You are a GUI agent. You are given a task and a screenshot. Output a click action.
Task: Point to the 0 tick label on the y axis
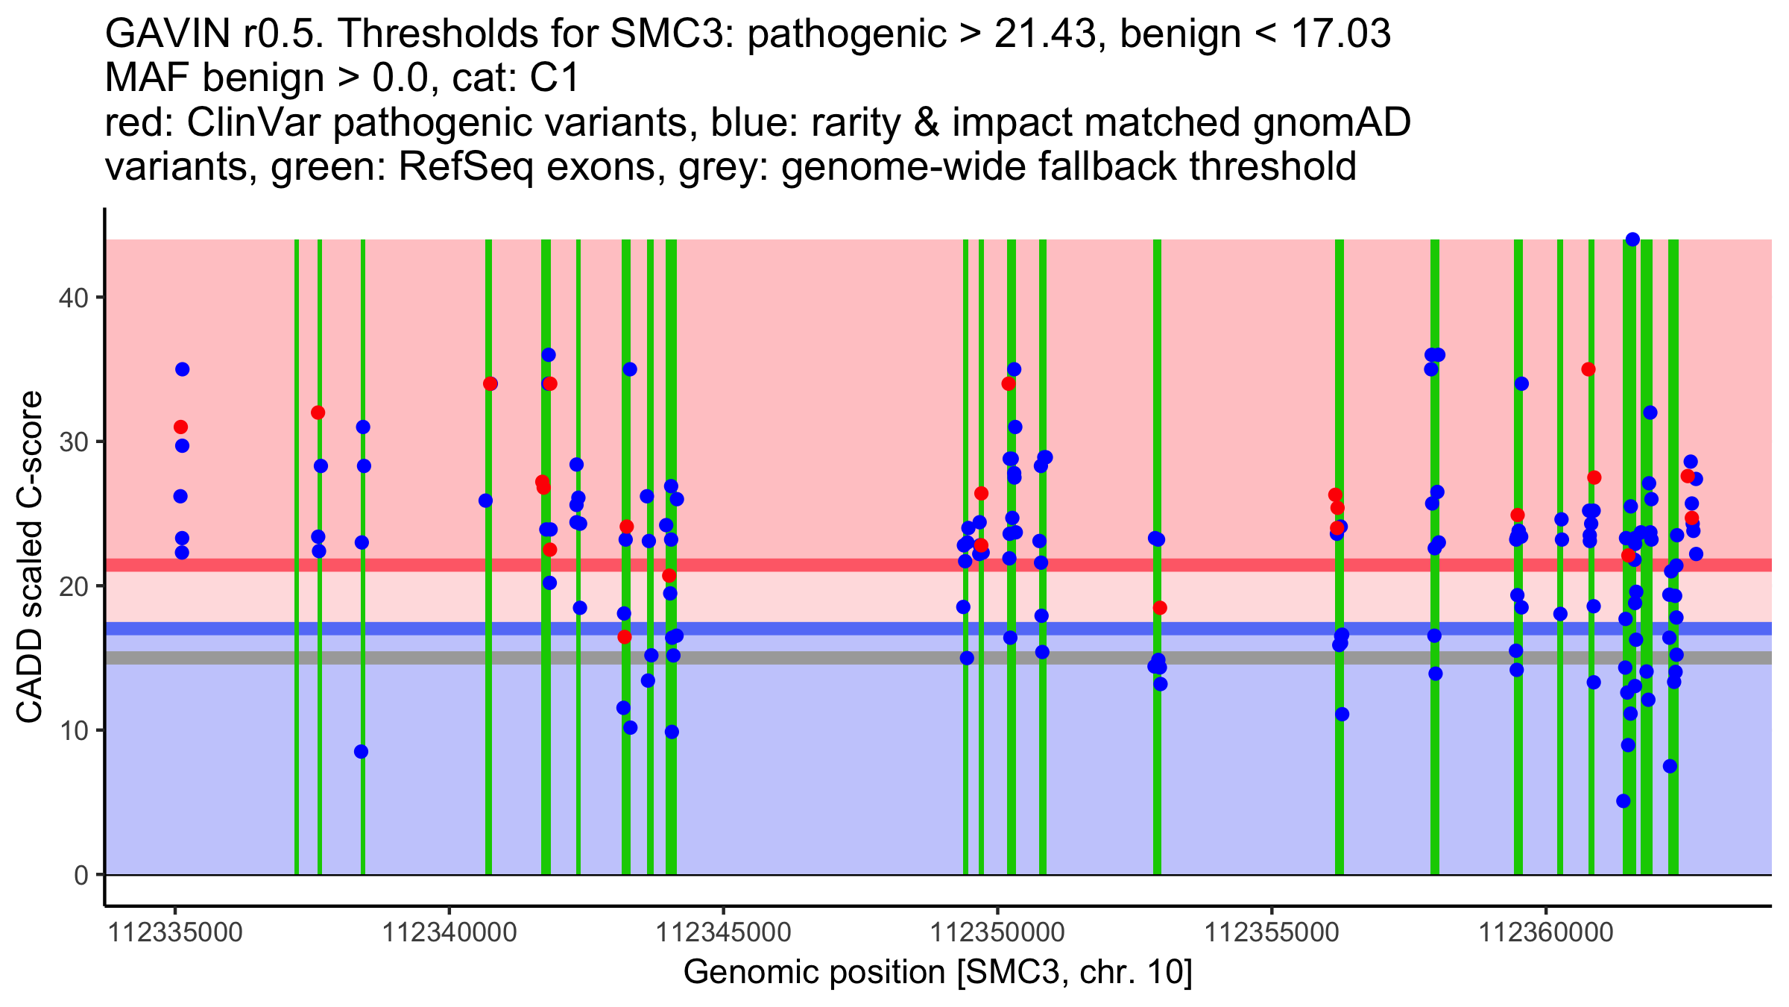81,875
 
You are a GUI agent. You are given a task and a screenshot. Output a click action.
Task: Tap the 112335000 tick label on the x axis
175,932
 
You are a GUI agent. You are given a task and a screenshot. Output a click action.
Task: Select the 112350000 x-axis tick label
998,932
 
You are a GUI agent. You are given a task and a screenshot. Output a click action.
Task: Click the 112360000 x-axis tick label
1546,932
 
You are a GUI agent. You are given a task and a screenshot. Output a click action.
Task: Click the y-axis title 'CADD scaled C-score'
30,557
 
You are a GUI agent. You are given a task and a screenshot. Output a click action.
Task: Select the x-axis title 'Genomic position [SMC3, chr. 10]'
938,973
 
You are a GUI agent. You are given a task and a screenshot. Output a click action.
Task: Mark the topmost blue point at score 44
1632,239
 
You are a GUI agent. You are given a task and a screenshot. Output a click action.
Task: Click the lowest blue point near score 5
1624,801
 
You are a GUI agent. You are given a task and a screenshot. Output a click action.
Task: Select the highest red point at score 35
1588,369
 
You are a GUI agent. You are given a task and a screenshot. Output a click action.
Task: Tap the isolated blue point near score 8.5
362,751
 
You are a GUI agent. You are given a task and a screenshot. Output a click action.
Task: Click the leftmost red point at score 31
180,427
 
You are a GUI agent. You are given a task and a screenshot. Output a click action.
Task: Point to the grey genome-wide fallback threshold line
745,657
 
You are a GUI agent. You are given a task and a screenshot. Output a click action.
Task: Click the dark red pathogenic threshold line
745,565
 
